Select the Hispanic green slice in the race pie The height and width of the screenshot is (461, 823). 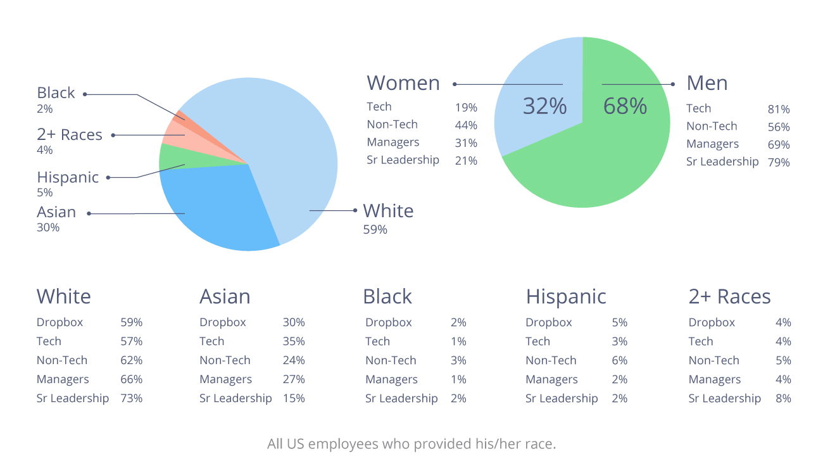click(x=171, y=158)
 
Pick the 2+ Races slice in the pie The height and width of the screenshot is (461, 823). click(x=175, y=133)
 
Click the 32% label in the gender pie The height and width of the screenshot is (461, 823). click(x=544, y=106)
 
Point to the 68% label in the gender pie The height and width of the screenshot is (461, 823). click(x=625, y=106)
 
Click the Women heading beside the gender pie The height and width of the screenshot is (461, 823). click(x=403, y=83)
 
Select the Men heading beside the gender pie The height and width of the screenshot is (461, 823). click(x=707, y=83)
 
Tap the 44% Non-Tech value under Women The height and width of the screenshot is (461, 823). click(x=466, y=125)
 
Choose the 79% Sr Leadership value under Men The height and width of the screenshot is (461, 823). click(x=779, y=163)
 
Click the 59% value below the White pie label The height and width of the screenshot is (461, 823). click(x=375, y=229)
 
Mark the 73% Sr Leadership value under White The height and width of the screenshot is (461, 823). click(x=131, y=398)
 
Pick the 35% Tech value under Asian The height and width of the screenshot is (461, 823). click(x=294, y=341)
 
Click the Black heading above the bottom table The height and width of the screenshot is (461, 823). click(x=387, y=296)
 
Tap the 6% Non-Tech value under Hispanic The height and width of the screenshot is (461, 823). click(x=620, y=360)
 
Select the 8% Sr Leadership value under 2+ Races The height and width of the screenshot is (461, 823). click(x=783, y=398)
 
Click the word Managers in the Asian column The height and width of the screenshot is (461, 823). click(x=226, y=379)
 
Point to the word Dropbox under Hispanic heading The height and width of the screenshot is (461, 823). click(x=549, y=322)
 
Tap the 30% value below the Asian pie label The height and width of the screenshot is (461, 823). click(x=48, y=227)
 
